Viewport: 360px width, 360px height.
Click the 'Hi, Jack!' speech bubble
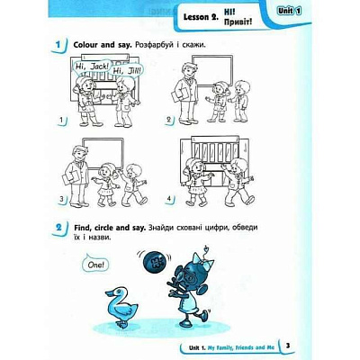(92, 66)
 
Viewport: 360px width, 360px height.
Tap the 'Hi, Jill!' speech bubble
(126, 70)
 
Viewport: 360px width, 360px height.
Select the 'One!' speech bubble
(95, 264)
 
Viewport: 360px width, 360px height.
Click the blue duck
(121, 307)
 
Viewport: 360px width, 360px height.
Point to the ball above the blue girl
(154, 263)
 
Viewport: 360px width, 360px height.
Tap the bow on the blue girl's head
(203, 261)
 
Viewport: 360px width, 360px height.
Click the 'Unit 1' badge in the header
(289, 11)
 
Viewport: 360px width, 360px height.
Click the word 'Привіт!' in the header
(238, 22)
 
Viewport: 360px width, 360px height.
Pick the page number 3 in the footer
(288, 346)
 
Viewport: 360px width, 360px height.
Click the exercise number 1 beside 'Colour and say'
(58, 45)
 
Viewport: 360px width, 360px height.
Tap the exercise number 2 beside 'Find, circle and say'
(58, 228)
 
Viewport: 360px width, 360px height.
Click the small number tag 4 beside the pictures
(170, 199)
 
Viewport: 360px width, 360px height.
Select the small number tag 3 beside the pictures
(62, 199)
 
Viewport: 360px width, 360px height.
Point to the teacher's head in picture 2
(188, 71)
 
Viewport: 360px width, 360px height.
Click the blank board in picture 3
(103, 153)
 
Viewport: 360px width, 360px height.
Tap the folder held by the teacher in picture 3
(70, 177)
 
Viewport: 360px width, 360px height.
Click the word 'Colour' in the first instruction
(85, 45)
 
